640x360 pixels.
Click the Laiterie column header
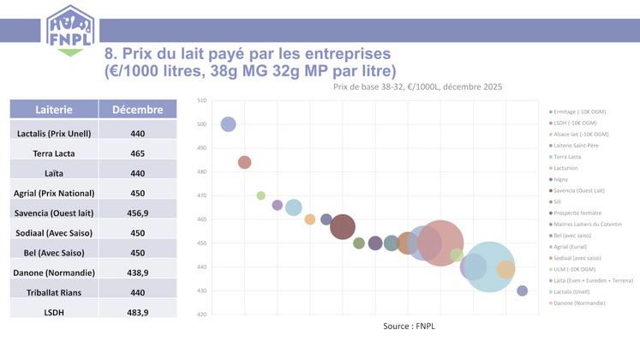tap(54, 110)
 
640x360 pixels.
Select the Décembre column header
tap(137, 110)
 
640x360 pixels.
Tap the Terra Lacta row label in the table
tap(54, 153)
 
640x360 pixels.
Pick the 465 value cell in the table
tap(138, 153)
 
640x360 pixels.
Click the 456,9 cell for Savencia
tap(138, 213)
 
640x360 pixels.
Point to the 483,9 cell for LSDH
tap(138, 312)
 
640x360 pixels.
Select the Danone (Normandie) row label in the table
tap(54, 272)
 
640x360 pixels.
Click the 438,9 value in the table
tap(138, 272)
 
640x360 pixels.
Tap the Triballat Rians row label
tap(54, 291)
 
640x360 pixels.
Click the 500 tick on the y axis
tap(202, 124)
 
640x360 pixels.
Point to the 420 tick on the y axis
tap(202, 315)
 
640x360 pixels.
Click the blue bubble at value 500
tap(228, 124)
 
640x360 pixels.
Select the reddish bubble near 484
tap(244, 162)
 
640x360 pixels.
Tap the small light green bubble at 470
tap(261, 195)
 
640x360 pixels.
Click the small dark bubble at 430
tap(522, 291)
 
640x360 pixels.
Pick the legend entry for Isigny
tap(565, 179)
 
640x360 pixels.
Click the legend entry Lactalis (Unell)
tap(577, 291)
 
